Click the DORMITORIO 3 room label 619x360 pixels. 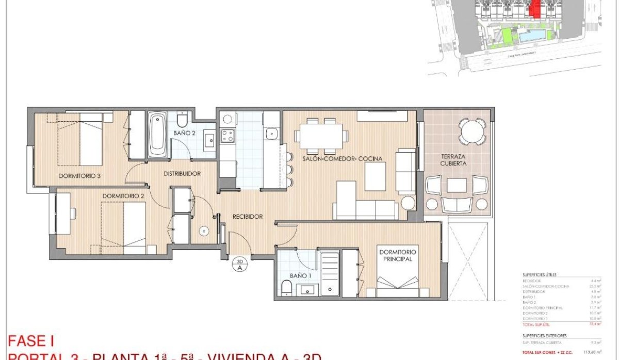tap(79, 176)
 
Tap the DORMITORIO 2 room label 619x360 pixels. tap(123, 196)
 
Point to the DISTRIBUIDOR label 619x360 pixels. tap(182, 174)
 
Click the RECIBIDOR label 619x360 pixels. tap(247, 217)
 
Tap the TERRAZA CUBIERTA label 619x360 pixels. tap(454, 159)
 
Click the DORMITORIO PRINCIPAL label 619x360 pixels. tap(397, 256)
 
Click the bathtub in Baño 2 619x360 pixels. tap(157, 135)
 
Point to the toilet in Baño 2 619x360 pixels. tap(182, 119)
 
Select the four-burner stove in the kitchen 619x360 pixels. tap(227, 136)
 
